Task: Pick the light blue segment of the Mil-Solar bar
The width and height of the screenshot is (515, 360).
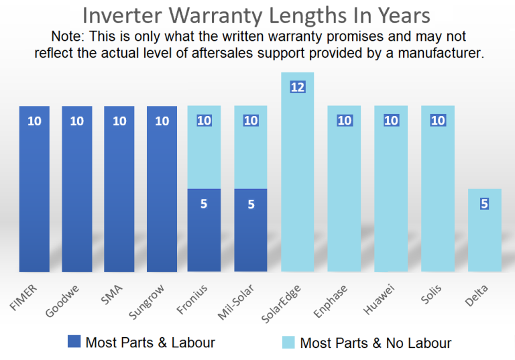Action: click(251, 147)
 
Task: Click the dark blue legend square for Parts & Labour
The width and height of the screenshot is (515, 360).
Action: click(74, 342)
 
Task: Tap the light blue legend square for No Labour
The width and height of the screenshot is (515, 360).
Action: click(288, 342)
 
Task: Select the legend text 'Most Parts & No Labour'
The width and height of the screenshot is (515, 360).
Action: click(376, 343)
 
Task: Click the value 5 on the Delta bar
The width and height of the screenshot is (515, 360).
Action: click(485, 204)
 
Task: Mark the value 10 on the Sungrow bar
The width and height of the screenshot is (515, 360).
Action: click(162, 121)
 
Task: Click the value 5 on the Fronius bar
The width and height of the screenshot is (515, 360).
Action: click(204, 204)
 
